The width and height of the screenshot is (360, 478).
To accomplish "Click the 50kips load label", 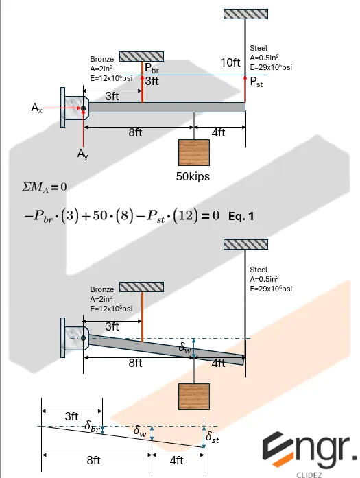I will click(193, 176).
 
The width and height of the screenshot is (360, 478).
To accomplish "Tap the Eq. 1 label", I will click(241, 216).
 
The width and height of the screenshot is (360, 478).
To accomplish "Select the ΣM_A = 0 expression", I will click(45, 186).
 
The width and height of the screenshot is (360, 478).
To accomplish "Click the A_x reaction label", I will click(37, 108).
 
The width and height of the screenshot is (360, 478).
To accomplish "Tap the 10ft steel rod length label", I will click(230, 62).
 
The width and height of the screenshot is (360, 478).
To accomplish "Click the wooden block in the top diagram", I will click(193, 152).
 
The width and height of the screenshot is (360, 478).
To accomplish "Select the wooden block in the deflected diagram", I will click(193, 397).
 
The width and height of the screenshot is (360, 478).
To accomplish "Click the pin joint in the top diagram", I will click(83, 108).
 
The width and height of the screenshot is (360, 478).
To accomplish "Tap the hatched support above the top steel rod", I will click(245, 14).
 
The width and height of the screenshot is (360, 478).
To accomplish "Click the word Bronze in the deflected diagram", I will click(102, 290).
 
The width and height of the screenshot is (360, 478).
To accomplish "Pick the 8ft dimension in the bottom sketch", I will click(94, 460).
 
